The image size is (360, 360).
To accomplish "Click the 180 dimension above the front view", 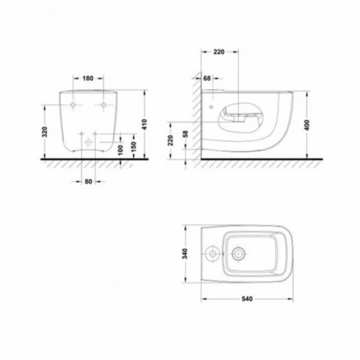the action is tap(88, 78).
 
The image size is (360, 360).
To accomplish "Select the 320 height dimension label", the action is tap(45, 132).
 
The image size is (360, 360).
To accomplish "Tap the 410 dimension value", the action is tap(144, 124).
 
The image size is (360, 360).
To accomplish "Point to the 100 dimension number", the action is tap(120, 150).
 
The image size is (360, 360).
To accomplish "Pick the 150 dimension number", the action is tap(134, 147).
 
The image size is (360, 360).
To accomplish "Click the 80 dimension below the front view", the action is tap(88, 182).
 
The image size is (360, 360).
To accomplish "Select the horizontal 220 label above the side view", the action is tap(219, 52).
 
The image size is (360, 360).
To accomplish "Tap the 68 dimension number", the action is tap(207, 78).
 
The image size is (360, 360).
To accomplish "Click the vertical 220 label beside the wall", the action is tap(170, 140).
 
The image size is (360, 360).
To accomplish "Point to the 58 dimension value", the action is tap(185, 134).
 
